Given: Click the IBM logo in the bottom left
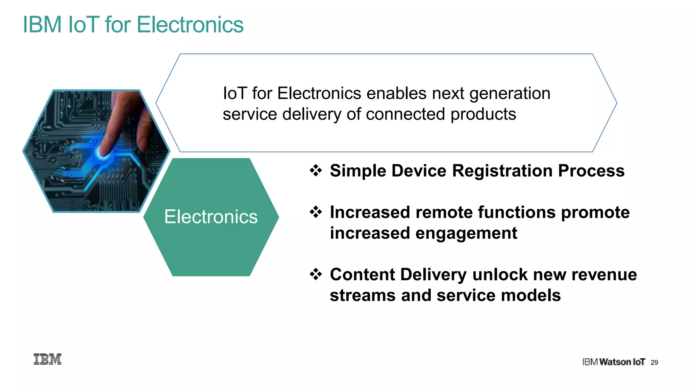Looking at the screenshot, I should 47,359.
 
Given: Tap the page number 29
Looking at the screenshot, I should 654,362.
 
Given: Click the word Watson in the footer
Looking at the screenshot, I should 615,362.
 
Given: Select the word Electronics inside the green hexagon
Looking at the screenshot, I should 211,217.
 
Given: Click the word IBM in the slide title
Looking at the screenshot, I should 42,25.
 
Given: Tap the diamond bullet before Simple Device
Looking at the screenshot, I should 316,171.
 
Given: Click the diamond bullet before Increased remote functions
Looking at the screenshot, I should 316,212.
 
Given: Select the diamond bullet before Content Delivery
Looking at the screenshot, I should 316,274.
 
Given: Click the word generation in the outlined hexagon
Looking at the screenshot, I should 510,94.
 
